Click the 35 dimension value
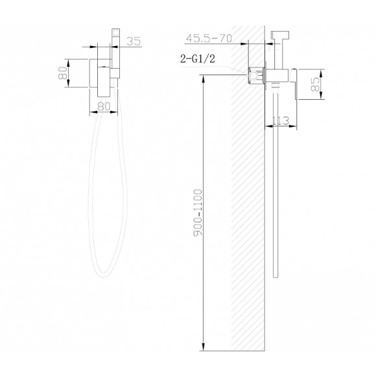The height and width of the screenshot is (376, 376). (x=134, y=41)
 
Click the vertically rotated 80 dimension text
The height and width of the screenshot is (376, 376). (x=62, y=73)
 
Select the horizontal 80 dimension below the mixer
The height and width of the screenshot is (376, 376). (x=104, y=106)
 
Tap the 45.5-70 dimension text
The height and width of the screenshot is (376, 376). (x=209, y=38)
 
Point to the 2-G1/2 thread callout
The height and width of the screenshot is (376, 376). (x=198, y=58)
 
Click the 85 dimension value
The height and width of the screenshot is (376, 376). (x=315, y=84)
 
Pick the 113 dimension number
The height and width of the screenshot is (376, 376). (x=281, y=121)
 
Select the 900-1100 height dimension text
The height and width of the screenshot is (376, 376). (x=198, y=213)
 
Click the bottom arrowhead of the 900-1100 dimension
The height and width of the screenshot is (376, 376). (x=204, y=346)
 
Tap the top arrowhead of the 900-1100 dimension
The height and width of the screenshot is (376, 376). (x=204, y=79)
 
